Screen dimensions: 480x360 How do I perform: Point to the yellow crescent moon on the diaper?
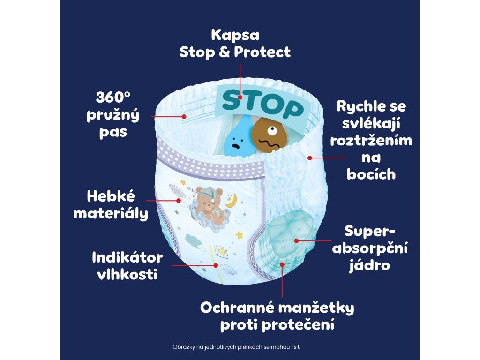click(231, 202)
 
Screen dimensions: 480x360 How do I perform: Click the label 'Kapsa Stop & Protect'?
click(235, 44)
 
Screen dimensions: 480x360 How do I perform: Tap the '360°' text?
click(112, 97)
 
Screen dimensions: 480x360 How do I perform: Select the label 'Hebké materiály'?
click(111, 204)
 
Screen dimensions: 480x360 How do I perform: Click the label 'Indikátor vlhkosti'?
click(127, 265)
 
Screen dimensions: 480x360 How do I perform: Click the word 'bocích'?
click(371, 174)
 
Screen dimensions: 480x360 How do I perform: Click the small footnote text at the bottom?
click(240, 347)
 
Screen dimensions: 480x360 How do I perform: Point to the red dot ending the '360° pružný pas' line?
click(185, 116)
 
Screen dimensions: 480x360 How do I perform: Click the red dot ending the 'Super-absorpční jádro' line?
click(296, 240)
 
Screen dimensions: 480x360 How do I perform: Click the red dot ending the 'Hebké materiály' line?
click(179, 200)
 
